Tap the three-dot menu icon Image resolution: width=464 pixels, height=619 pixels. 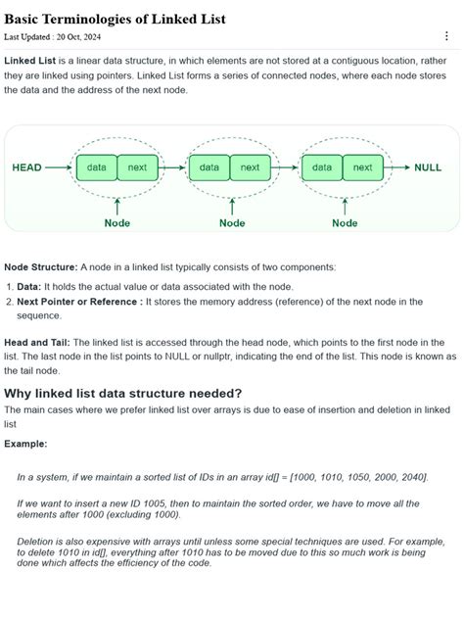click(x=447, y=36)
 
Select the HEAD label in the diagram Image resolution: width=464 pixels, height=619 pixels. click(x=26, y=167)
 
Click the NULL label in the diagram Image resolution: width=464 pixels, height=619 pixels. click(x=428, y=167)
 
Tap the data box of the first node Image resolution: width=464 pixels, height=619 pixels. click(x=97, y=167)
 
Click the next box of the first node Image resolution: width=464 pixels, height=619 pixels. click(x=138, y=167)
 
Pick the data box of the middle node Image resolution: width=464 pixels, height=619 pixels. click(x=209, y=167)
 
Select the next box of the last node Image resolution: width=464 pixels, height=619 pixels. click(x=363, y=167)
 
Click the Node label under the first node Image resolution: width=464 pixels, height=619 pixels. click(x=117, y=222)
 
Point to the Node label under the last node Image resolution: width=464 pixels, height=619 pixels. click(x=345, y=222)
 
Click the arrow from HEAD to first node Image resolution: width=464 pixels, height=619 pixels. click(x=59, y=167)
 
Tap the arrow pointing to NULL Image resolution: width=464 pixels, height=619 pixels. click(x=396, y=167)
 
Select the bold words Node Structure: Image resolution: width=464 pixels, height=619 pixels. click(x=40, y=266)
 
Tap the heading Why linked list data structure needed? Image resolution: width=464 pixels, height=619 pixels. click(x=122, y=394)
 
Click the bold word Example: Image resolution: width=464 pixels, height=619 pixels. click(x=25, y=443)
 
